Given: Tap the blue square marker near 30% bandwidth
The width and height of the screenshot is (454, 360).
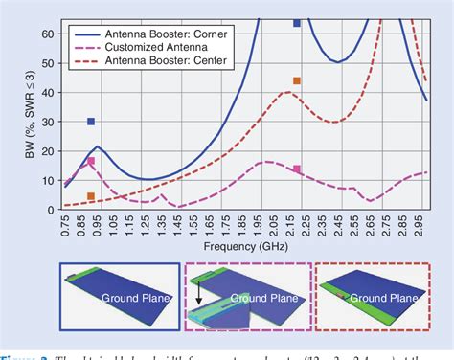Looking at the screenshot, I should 91,122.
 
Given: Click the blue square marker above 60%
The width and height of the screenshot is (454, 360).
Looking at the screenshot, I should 297,23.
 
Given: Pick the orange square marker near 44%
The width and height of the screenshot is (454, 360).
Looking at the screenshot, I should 297,81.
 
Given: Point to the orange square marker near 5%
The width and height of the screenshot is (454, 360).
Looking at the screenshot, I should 91,196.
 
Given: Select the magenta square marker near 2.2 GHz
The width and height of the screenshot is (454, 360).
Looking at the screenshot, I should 297,169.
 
